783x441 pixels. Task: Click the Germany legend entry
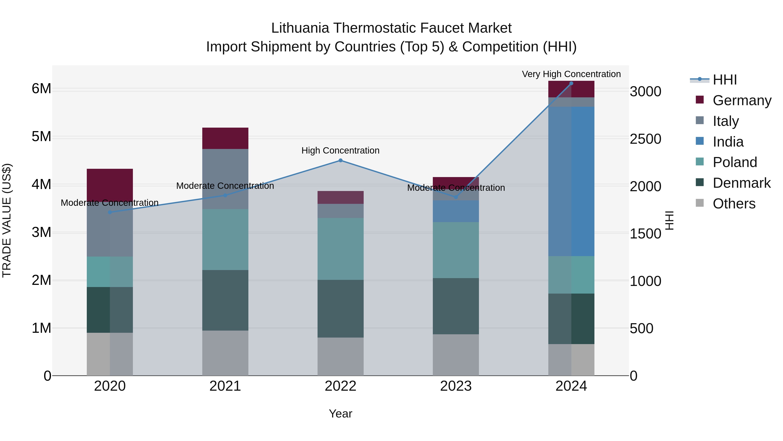pyautogui.click(x=742, y=100)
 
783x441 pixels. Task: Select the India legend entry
pyautogui.click(x=728, y=142)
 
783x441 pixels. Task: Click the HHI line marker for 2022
pyautogui.click(x=340, y=160)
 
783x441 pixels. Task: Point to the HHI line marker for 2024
pyautogui.click(x=571, y=83)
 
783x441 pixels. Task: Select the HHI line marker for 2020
pyautogui.click(x=110, y=212)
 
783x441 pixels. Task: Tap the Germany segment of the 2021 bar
pyautogui.click(x=225, y=138)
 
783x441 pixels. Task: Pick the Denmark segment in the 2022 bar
pyautogui.click(x=340, y=309)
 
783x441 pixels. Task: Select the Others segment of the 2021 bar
pyautogui.click(x=225, y=353)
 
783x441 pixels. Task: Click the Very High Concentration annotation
pyautogui.click(x=571, y=74)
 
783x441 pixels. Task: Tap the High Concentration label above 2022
pyautogui.click(x=340, y=151)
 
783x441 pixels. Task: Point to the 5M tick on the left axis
pyautogui.click(x=41, y=137)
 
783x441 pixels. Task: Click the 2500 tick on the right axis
pyautogui.click(x=645, y=139)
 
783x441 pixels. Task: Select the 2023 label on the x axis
pyautogui.click(x=456, y=386)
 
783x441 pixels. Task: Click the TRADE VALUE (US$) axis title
pyautogui.click(x=7, y=220)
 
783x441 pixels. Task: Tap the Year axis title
pyautogui.click(x=340, y=414)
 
